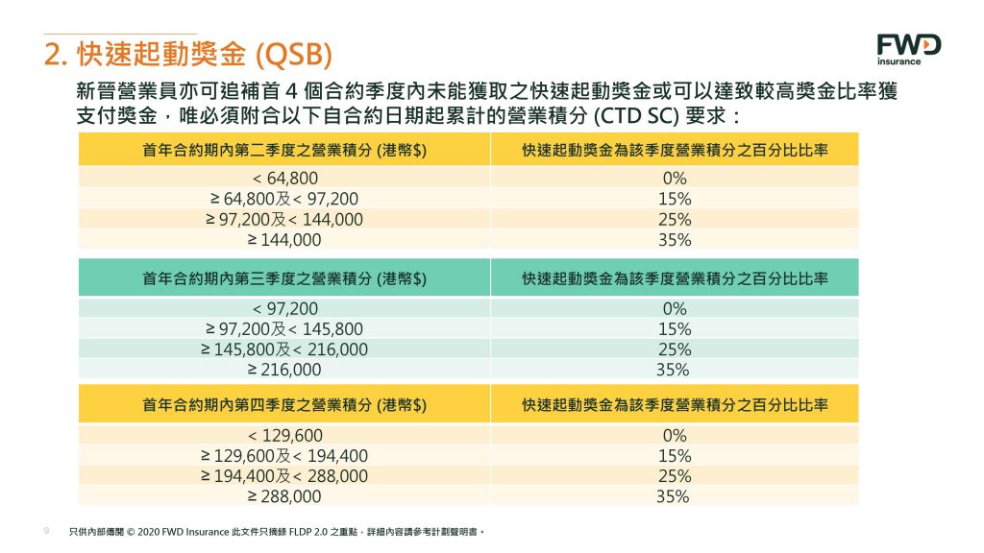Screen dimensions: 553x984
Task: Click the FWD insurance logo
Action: click(908, 49)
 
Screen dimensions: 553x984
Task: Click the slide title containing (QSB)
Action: click(189, 55)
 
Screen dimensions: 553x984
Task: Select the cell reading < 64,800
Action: click(284, 179)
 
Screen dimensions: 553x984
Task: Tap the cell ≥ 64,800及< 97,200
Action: click(284, 199)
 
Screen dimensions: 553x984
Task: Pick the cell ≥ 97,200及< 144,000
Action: click(284, 220)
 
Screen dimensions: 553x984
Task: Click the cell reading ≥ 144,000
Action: click(284, 240)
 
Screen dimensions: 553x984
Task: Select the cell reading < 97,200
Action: click(284, 308)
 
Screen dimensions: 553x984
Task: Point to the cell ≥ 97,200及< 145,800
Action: click(284, 329)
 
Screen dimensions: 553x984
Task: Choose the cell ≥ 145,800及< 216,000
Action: click(284, 349)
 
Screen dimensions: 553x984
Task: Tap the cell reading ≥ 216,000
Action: click(284, 370)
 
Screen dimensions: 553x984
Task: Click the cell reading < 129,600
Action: click(284, 435)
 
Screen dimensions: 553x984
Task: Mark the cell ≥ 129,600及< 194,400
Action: click(284, 456)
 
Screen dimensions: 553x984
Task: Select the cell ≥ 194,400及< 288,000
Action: click(284, 476)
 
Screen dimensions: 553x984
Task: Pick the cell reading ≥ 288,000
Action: click(284, 496)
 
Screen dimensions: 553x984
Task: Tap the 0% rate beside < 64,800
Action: click(675, 179)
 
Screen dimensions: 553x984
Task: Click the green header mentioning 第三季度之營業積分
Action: click(284, 278)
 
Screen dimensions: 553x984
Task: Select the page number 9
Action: click(47, 530)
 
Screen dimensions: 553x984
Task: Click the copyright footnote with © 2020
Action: click(279, 530)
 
